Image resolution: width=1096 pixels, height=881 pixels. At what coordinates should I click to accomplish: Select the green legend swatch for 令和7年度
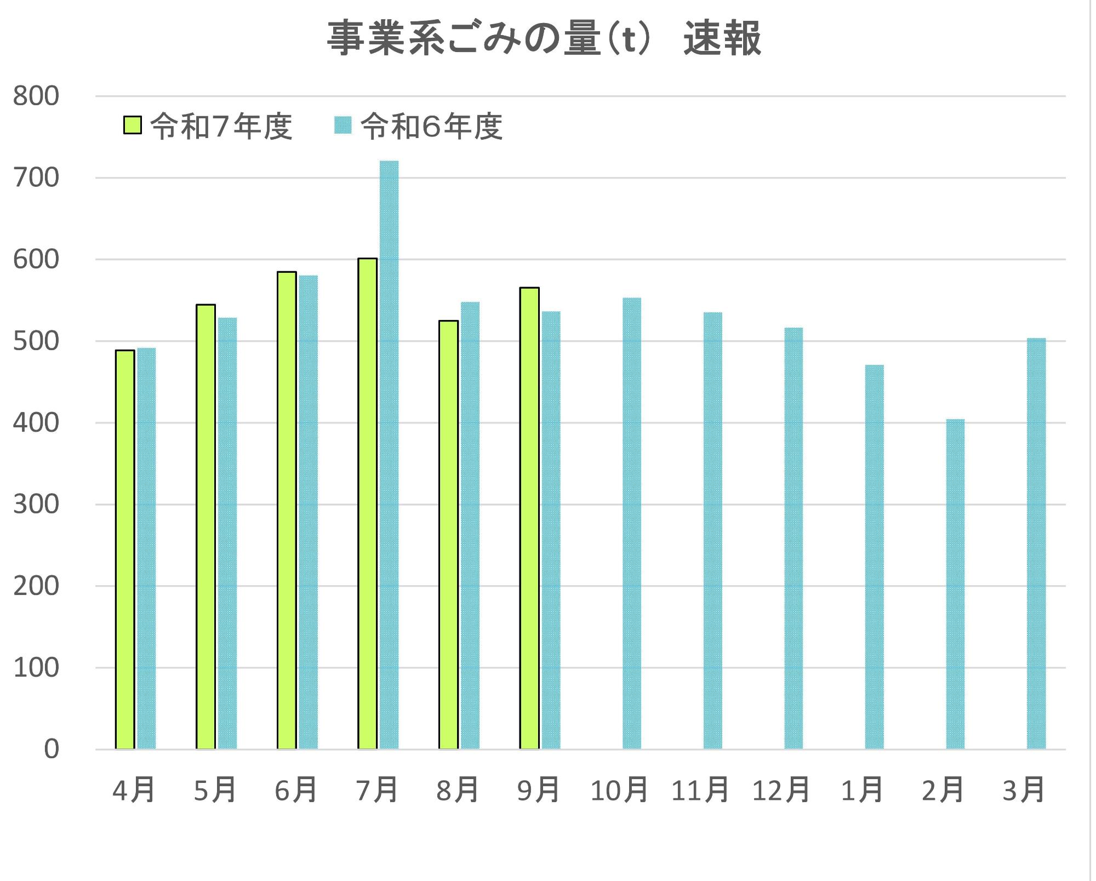pos(132,125)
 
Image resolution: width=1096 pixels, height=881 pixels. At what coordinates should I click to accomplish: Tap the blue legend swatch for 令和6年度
pos(342,125)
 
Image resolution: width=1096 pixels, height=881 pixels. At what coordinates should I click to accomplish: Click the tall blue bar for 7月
pos(389,455)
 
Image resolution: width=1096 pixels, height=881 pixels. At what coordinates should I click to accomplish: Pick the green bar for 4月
pos(125,550)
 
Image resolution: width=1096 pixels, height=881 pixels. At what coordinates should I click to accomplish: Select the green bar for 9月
pos(529,518)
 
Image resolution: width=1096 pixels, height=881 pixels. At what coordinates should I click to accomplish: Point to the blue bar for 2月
pos(955,584)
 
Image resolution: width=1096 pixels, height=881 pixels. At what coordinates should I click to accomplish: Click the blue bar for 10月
pos(632,523)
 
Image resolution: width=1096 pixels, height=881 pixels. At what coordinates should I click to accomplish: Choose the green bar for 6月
pos(287,510)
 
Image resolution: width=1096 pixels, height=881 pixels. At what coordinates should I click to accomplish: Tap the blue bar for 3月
pos(1036,544)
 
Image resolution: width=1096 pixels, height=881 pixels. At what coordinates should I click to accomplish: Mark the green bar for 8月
pos(448,535)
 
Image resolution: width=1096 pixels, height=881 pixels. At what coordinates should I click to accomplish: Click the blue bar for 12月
pos(794,538)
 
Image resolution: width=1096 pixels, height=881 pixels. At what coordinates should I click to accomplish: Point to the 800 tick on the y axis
pos(36,96)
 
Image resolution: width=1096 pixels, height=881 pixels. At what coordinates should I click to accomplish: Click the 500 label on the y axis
pos(36,341)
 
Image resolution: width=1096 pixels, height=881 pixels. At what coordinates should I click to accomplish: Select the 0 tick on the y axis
pos(51,749)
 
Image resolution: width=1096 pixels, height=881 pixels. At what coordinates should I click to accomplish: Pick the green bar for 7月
pos(368,504)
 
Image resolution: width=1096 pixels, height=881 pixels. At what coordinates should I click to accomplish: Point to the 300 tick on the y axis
pos(36,505)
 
